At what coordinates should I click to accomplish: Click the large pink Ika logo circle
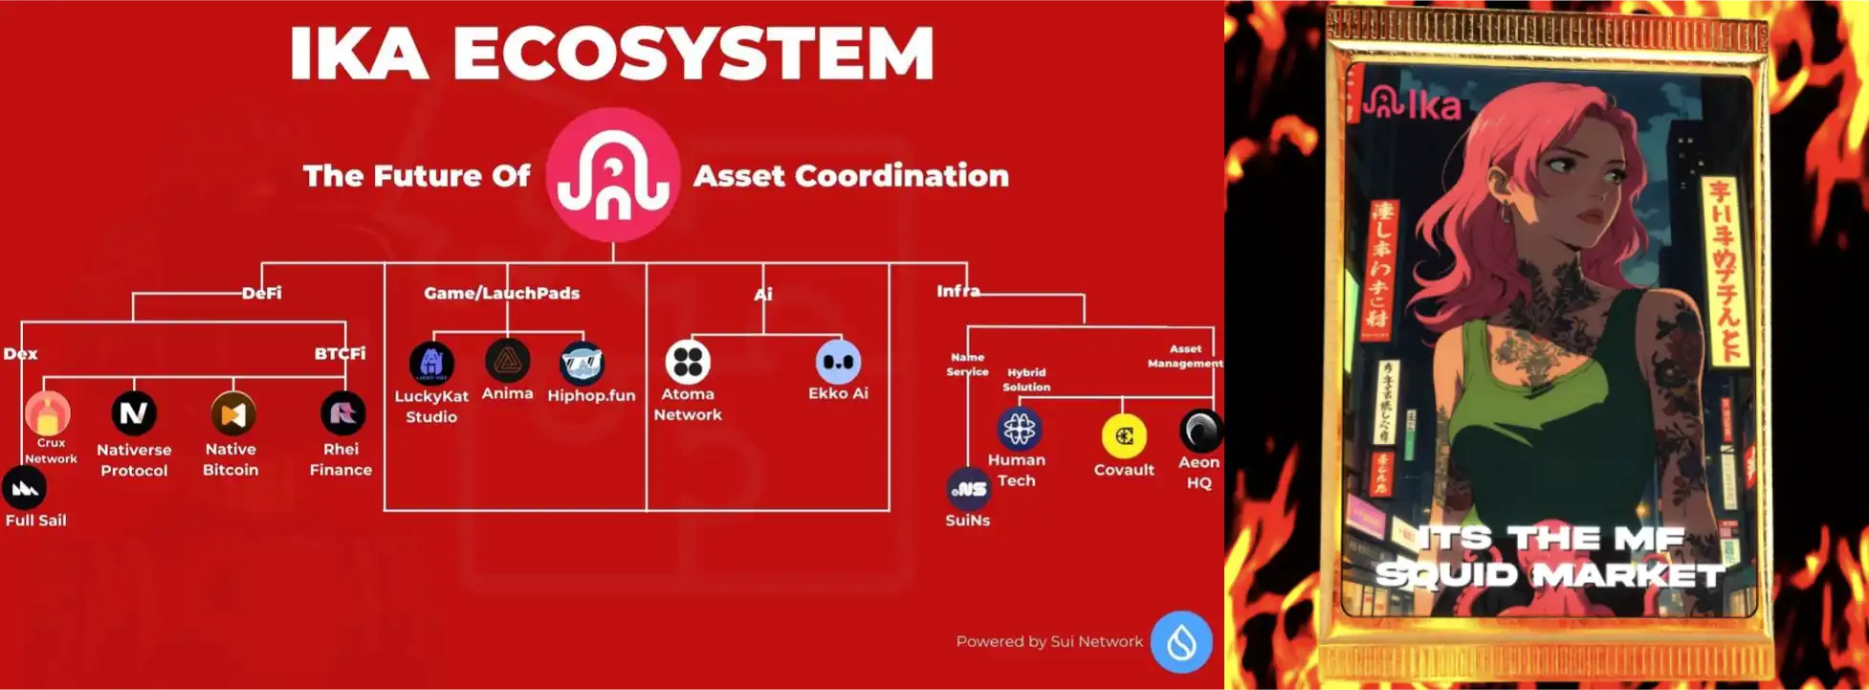coord(613,174)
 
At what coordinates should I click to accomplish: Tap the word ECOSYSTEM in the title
coord(693,54)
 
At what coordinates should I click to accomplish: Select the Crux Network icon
coord(48,413)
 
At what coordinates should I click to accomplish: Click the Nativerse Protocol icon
coord(134,413)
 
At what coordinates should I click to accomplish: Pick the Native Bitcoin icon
coord(233,414)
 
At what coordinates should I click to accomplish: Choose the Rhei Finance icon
coord(342,413)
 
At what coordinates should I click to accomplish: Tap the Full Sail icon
coord(25,489)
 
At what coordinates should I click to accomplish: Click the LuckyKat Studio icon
coord(431,364)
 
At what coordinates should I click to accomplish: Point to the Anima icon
coord(507,361)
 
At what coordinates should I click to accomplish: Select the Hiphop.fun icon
coord(583,364)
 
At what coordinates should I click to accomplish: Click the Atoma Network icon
coord(688,362)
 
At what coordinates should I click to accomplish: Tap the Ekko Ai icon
coord(838,363)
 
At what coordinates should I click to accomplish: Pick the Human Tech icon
coord(1019,429)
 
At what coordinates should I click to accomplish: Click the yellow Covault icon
coord(1124,436)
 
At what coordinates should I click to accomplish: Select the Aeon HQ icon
coord(1200,431)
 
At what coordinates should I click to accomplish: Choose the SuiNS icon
coord(969,489)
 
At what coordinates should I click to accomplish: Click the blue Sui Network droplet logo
coord(1181,641)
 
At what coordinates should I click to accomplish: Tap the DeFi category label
coord(261,293)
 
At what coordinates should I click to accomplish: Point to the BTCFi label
coord(341,353)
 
